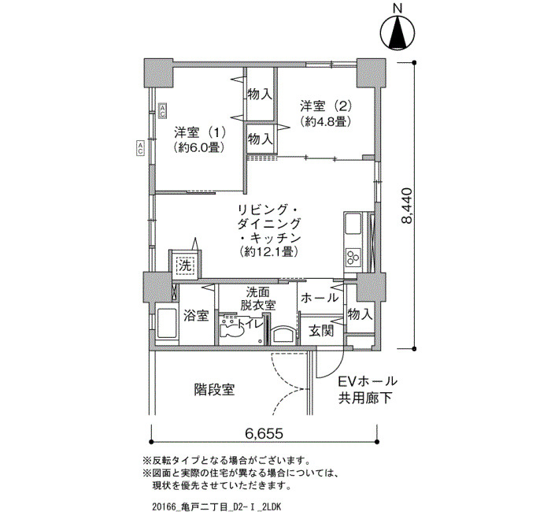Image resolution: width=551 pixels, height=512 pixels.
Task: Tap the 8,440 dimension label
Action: pos(407,206)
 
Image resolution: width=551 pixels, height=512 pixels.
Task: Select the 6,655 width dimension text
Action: pos(264,433)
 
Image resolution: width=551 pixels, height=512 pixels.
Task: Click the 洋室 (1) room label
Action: pos(199,133)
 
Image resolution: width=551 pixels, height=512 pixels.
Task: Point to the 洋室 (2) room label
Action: pos(326,106)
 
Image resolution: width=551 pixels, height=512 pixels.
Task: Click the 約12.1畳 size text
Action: pos(269,252)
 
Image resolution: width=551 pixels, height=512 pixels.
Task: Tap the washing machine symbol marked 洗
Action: pos(185,265)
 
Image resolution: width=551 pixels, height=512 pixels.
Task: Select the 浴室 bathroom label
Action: pos(196,315)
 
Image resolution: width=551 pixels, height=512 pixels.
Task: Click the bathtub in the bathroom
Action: pos(167,324)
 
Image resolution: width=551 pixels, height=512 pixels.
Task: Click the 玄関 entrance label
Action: pos(321,331)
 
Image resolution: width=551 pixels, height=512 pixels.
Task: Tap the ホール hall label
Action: pos(320,298)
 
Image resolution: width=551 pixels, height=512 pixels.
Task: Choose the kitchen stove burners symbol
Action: pos(353,257)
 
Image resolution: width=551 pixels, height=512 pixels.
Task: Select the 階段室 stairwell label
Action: pos(214,390)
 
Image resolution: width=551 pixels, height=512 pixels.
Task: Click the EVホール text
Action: pos(368,381)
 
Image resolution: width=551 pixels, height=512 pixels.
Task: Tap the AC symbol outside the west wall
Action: pos(140,148)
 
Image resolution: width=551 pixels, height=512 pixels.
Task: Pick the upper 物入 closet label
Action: pos(260,94)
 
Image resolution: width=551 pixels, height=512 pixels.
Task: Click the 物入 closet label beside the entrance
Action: pos(360,314)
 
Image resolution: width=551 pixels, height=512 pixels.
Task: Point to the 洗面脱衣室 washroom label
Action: pos(257,299)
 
